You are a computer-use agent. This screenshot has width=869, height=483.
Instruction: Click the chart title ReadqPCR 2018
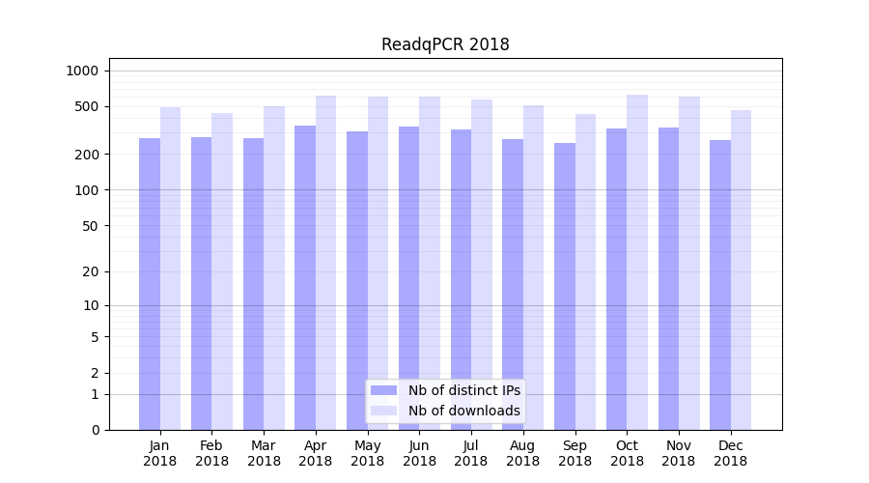click(x=445, y=44)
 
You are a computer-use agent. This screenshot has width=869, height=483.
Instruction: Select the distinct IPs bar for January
click(x=150, y=284)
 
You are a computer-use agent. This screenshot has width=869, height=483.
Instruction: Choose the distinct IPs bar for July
click(x=461, y=279)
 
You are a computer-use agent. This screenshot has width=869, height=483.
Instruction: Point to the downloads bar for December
click(x=742, y=270)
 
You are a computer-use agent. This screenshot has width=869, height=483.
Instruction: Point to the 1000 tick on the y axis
click(x=82, y=71)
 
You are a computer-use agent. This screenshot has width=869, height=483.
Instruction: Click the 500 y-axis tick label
click(x=87, y=106)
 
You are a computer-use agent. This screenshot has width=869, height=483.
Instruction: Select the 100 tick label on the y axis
click(x=87, y=190)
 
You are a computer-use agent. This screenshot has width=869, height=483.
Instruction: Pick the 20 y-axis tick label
click(x=91, y=271)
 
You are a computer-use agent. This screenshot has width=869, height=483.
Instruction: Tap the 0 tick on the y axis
click(x=95, y=430)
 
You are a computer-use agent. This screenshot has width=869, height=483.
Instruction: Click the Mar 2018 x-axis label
click(x=264, y=453)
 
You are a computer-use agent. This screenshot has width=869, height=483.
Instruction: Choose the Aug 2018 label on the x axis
click(x=522, y=453)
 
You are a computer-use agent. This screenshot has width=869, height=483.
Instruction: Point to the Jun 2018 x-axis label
click(x=419, y=453)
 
